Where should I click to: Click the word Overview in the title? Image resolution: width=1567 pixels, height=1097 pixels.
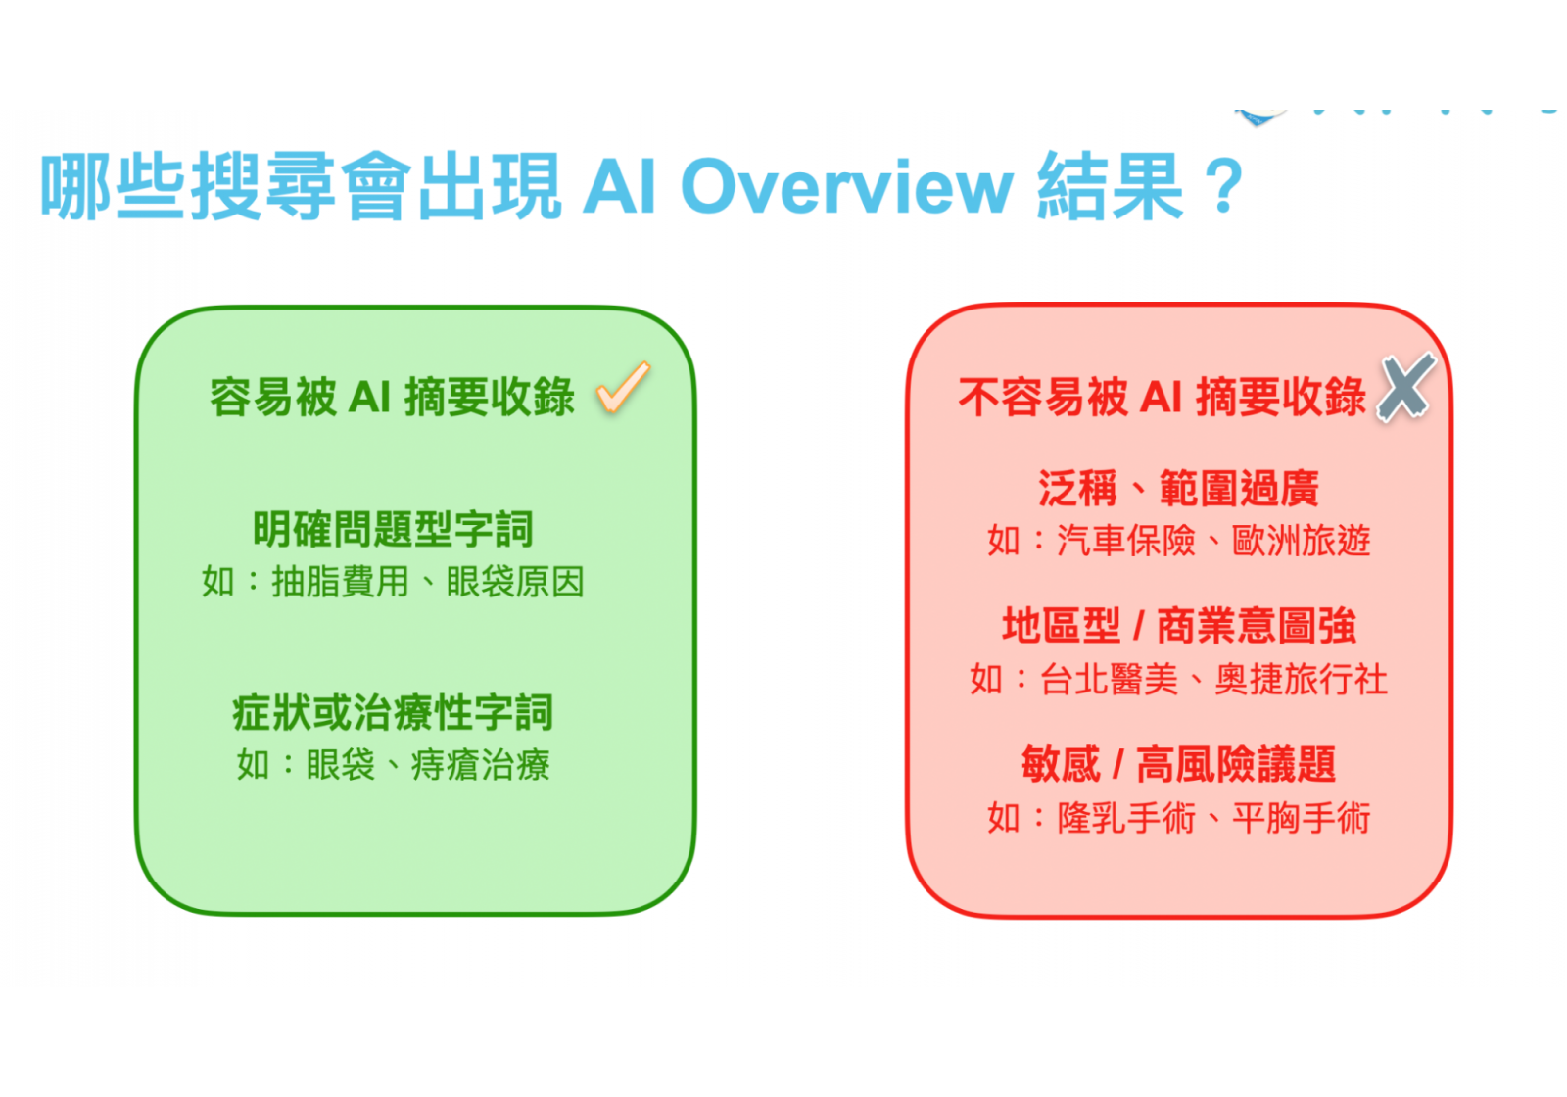pyautogui.click(x=847, y=186)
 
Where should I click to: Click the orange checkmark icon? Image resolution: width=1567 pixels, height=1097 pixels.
pyautogui.click(x=623, y=388)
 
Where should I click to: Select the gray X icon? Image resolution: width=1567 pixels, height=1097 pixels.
pyautogui.click(x=1406, y=388)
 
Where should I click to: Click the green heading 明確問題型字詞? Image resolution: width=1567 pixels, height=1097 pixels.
pyautogui.click(x=393, y=529)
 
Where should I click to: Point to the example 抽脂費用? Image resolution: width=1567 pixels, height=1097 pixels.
pyautogui.click(x=340, y=582)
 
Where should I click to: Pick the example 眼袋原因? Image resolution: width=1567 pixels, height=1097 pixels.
pyautogui.click(x=515, y=582)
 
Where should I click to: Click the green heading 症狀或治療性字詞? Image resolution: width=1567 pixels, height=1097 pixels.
pyautogui.click(x=393, y=712)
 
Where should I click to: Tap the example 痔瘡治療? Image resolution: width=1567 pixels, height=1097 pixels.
pyautogui.click(x=481, y=765)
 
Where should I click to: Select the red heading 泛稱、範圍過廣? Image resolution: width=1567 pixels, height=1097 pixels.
pyautogui.click(x=1179, y=489)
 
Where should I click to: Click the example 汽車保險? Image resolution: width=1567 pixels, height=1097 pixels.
pyautogui.click(x=1126, y=541)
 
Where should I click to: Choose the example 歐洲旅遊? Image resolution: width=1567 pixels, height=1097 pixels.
pyautogui.click(x=1302, y=541)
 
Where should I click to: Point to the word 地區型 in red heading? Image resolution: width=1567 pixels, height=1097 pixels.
pyautogui.click(x=1062, y=626)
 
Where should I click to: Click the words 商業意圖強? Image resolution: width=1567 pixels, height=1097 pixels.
pyautogui.click(x=1258, y=626)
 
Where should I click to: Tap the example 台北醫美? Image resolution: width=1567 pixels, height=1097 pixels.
pyautogui.click(x=1109, y=680)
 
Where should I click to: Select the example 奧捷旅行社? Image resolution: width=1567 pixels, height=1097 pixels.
pyautogui.click(x=1302, y=680)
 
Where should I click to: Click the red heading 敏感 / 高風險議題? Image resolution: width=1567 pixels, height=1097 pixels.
pyautogui.click(x=1179, y=764)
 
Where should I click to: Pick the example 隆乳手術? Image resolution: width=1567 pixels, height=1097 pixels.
pyautogui.click(x=1126, y=818)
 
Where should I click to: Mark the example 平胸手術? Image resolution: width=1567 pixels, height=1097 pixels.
pyautogui.click(x=1302, y=818)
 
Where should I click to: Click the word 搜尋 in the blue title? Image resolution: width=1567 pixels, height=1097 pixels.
pyautogui.click(x=262, y=186)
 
